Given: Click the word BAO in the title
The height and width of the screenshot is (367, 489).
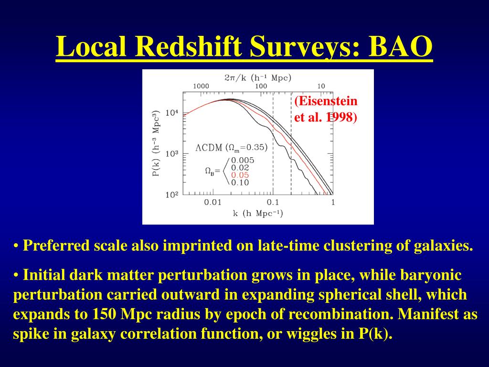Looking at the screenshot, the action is click(401, 46).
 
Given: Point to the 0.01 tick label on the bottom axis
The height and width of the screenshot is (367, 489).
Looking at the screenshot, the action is click(213, 202).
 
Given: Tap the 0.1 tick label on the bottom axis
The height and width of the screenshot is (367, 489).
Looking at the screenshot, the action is click(273, 202).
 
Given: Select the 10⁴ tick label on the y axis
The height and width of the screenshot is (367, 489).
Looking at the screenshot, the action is click(172, 113).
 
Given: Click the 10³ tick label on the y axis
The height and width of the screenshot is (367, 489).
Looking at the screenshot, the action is click(172, 154).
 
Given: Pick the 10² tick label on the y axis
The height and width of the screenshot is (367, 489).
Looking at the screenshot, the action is click(172, 195).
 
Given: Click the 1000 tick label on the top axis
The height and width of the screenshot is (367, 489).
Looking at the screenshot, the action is click(201, 86).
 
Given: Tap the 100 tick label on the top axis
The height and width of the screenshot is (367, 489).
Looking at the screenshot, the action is click(261, 86).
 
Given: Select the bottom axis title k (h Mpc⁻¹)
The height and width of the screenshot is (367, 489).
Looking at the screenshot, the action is click(258, 214).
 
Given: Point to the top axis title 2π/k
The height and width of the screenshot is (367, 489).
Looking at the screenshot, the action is click(235, 78).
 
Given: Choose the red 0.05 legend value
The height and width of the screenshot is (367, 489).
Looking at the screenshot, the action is click(240, 175).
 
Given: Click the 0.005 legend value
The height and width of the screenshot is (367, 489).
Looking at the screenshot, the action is click(243, 161).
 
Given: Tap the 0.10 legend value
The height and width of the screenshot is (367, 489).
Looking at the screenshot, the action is click(240, 183).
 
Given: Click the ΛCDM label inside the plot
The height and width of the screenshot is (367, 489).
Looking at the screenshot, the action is click(209, 148).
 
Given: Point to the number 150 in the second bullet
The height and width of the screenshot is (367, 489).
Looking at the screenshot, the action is click(104, 314).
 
